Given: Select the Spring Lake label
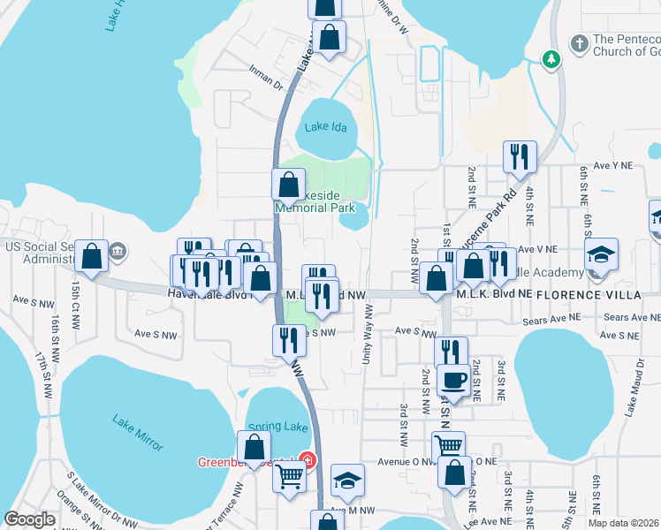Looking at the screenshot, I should point(277,427).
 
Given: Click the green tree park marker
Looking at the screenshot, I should point(551,58).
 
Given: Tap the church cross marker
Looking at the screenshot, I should point(579,42).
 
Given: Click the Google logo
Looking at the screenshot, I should point(29,519).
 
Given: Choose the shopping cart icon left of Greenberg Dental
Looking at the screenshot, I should point(290,477).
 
